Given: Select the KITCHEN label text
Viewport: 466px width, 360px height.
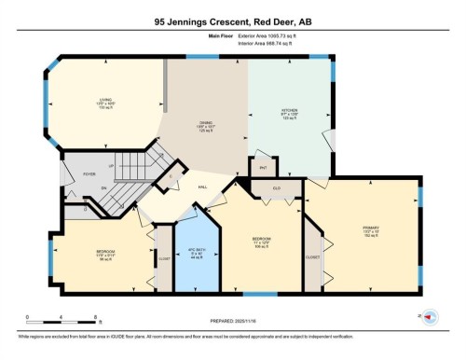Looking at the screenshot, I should [x=289, y=113].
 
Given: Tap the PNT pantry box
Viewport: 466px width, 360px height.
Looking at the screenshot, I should [x=264, y=169].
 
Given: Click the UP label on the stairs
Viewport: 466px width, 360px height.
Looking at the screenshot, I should [x=113, y=166].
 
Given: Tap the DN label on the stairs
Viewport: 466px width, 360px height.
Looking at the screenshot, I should [x=106, y=188].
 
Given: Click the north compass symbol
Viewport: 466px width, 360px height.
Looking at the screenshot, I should [x=430, y=317].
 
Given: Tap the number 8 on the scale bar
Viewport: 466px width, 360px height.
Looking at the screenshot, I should [x=72, y=319].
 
